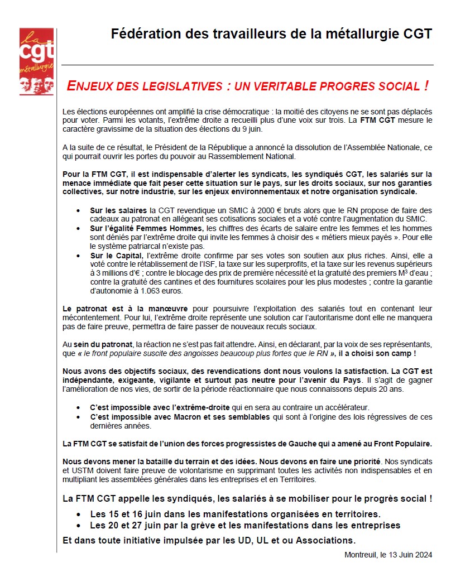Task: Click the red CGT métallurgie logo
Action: [37, 61]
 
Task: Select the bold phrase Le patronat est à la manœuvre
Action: [125, 309]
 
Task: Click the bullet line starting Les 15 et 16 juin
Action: [235, 514]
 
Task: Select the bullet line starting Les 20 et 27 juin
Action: [245, 526]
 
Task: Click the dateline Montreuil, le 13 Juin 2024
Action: [388, 555]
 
